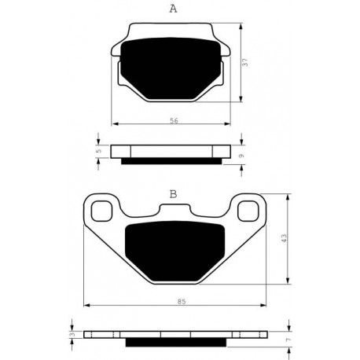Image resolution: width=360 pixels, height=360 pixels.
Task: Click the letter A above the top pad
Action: click(173, 9)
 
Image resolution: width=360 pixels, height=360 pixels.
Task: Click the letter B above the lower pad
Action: click(173, 194)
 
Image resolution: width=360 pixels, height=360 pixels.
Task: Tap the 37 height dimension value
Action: click(245, 62)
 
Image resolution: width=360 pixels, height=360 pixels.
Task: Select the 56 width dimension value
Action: click(174, 121)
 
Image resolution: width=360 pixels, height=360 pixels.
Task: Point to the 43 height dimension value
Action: click(285, 238)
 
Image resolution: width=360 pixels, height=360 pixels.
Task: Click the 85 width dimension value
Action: click(182, 302)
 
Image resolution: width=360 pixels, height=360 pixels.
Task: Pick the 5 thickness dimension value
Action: click(98, 151)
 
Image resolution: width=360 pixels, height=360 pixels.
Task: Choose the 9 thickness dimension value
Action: click(242, 156)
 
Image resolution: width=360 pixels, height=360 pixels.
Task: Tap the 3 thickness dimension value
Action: click(72, 334)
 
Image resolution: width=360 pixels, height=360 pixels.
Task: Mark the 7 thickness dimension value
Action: click(288, 340)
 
